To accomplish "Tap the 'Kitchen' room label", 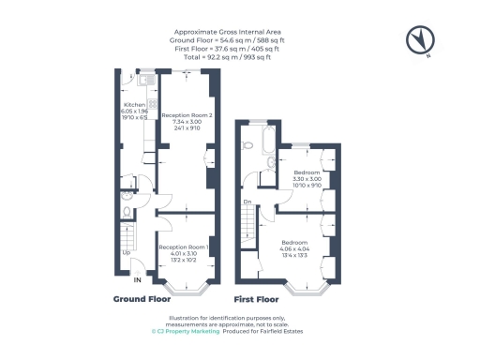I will (x=131, y=105).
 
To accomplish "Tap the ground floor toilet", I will (x=127, y=210).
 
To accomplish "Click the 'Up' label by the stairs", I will (x=126, y=251).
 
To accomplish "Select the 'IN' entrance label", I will (x=137, y=280).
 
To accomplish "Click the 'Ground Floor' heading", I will (x=142, y=300).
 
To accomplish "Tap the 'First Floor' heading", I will (x=256, y=300).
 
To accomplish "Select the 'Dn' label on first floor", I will (x=247, y=202).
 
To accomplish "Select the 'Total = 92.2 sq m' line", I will (x=240, y=56).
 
